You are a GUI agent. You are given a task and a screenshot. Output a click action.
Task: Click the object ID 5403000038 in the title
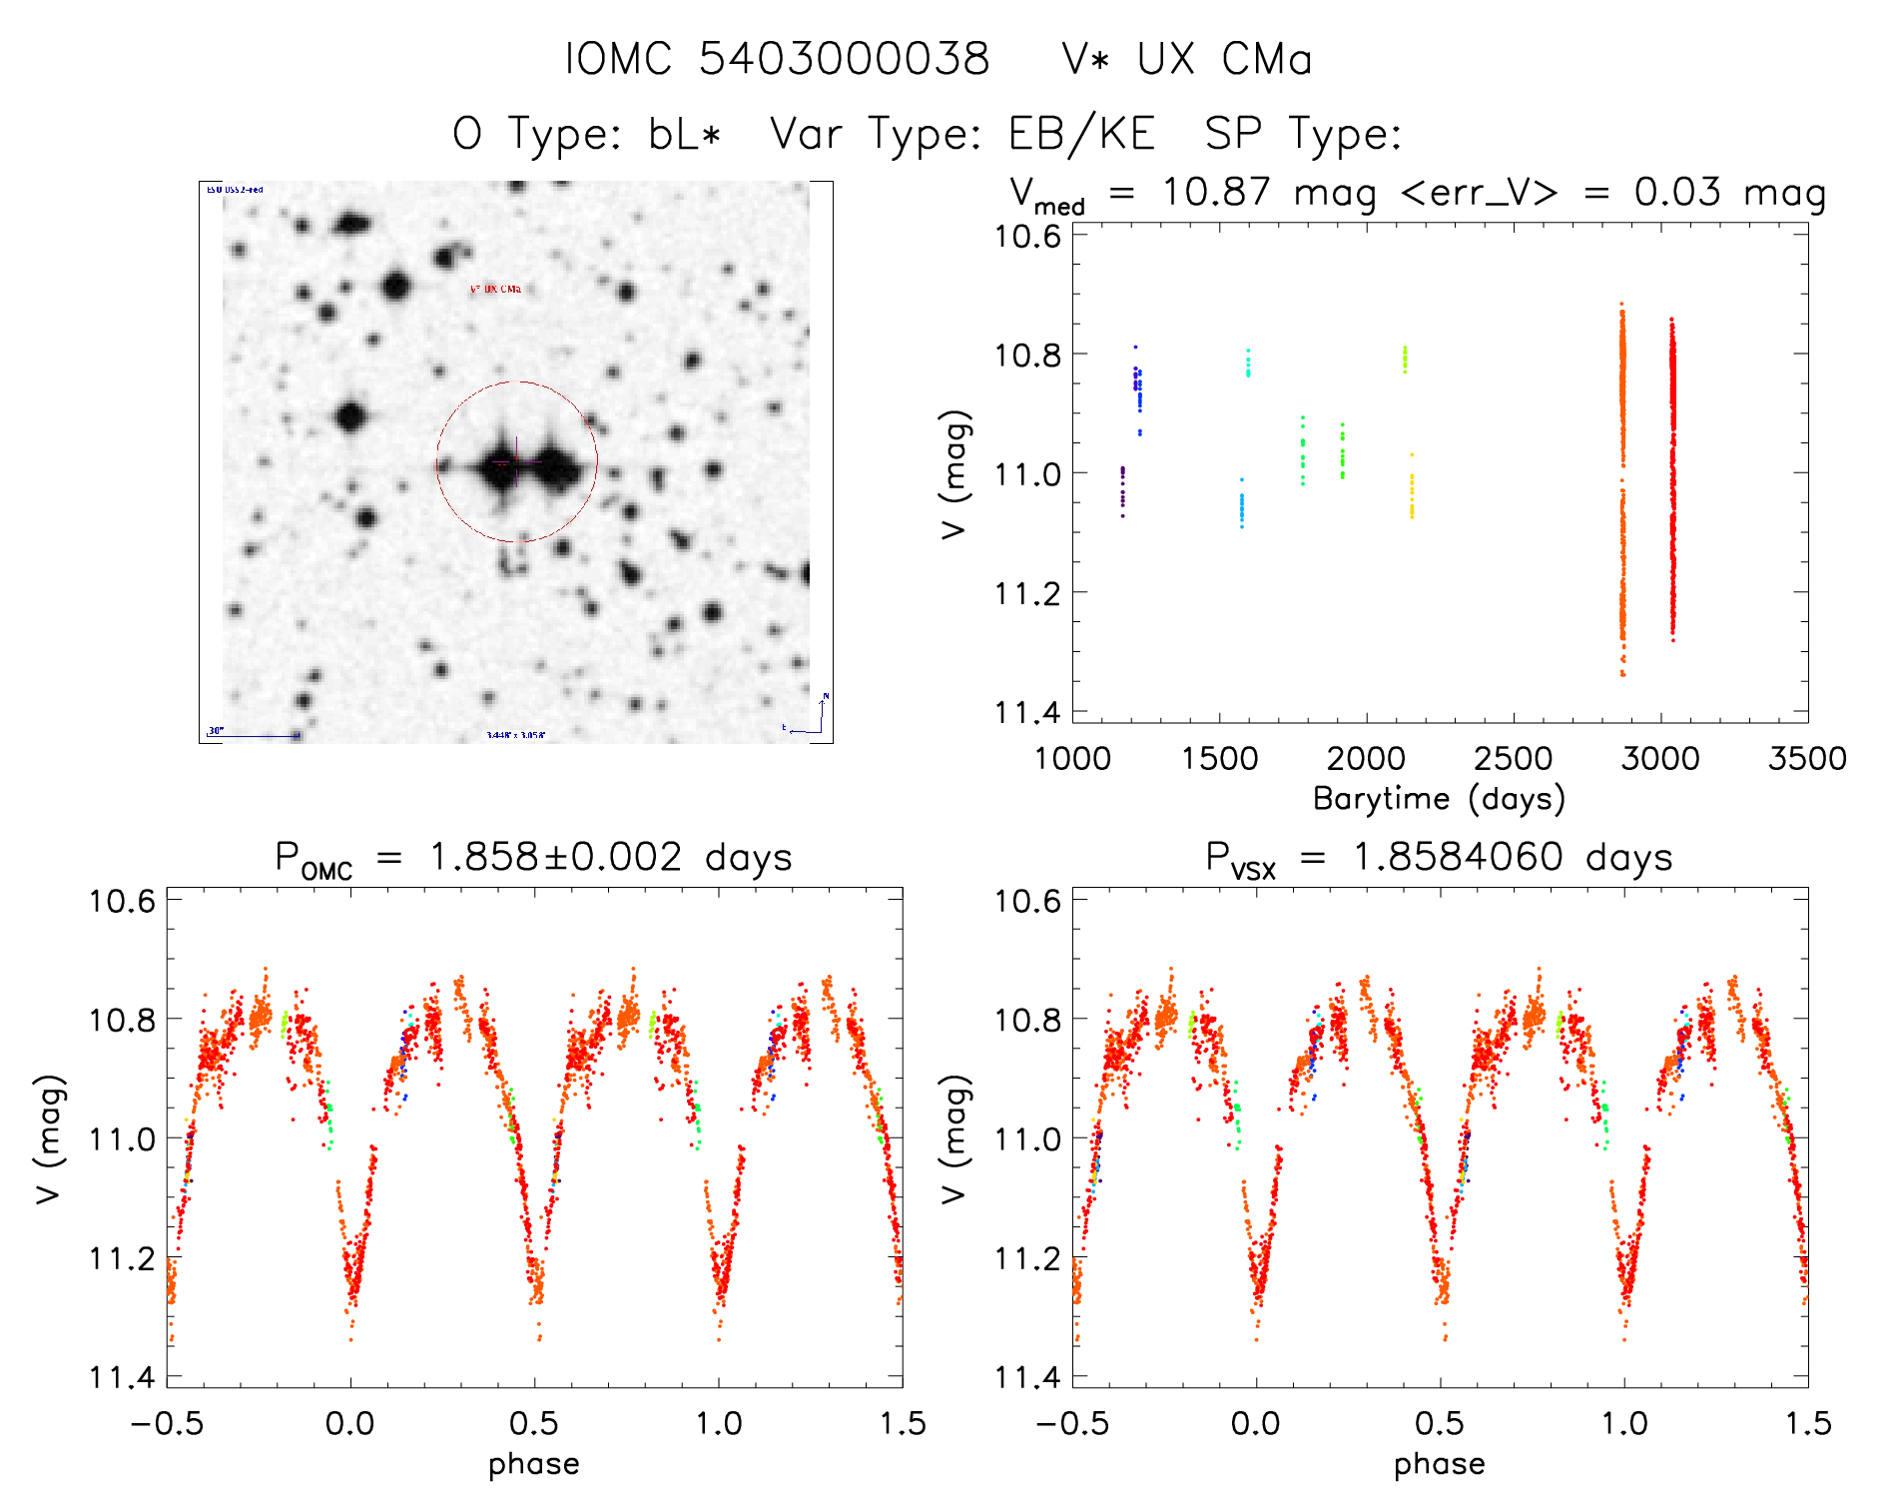[844, 59]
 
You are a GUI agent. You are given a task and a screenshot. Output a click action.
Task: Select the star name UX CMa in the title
[1224, 59]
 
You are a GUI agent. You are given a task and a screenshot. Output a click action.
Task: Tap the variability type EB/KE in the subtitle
[1082, 134]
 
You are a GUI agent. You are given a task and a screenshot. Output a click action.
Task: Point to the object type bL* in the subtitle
[684, 134]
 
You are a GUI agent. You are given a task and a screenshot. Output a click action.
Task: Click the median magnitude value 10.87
[1217, 192]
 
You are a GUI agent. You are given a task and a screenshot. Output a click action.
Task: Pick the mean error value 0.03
[1677, 192]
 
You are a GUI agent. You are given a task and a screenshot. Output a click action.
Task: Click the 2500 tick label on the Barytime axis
[1513, 758]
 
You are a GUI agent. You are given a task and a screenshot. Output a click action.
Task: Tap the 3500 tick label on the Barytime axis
[1806, 758]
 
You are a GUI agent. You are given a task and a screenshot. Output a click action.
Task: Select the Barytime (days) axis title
[1439, 799]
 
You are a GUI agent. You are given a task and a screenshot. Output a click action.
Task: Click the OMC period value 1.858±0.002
[556, 858]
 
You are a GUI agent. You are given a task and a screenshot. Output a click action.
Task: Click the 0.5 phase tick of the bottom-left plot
[534, 1423]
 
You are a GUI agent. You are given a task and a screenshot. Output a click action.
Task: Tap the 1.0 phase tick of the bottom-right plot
[1624, 1423]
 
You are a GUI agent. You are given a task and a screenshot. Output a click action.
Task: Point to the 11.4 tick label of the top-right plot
[1027, 712]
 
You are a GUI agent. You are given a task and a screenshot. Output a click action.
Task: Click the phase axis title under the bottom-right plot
[1439, 1464]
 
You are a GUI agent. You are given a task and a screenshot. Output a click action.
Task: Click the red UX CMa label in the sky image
[495, 290]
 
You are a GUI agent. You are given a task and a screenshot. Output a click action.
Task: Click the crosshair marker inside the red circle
[516, 461]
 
